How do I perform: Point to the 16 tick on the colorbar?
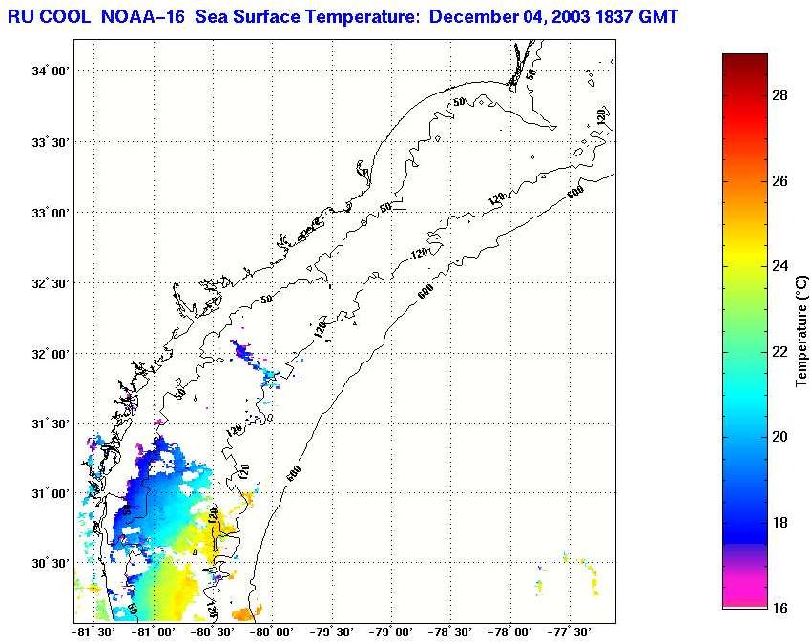coord(779,608)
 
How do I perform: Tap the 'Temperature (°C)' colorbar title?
coord(801,331)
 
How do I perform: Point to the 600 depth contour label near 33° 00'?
coord(573,194)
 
